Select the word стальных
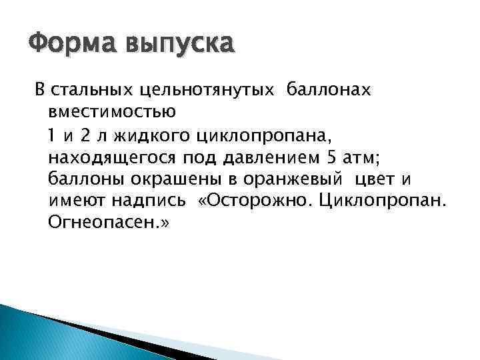[x=99, y=90]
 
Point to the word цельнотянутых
[x=211, y=90]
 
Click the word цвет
[x=381, y=179]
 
